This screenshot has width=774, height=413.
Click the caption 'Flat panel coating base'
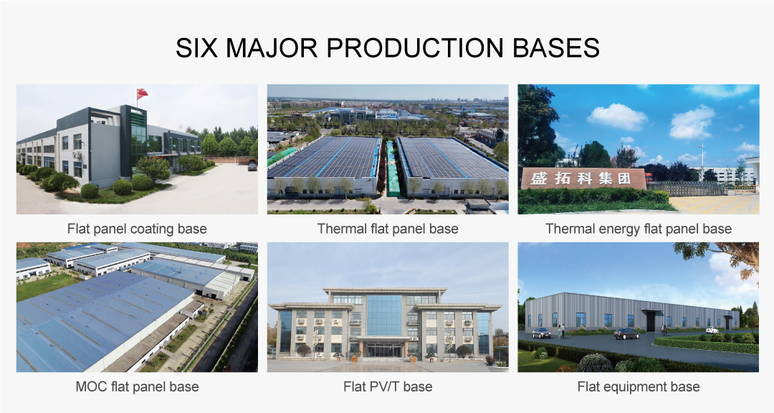[x=137, y=229]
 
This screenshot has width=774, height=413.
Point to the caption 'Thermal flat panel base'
[x=388, y=229]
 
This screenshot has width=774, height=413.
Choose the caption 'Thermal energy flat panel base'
[x=639, y=229]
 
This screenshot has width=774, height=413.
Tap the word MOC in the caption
[x=91, y=386]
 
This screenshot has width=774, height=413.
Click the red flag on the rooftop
[x=142, y=93]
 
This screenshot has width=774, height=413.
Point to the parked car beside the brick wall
[x=252, y=166]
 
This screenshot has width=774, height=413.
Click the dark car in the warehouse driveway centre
[x=626, y=333]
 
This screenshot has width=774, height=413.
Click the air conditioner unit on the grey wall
[x=77, y=153]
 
